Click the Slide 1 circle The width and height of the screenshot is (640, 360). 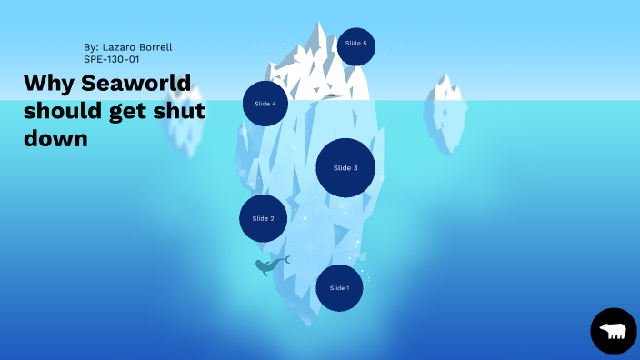pos(339,288)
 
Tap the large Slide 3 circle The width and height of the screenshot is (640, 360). pos(345,168)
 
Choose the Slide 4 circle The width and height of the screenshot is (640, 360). pos(265,104)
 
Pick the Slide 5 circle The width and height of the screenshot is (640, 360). pos(356,44)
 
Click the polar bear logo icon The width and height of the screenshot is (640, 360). pos(614,331)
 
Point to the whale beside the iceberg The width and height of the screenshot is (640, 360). pos(270,265)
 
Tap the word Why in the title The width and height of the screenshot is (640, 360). pos(46,84)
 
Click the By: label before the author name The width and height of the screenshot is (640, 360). pos(91,45)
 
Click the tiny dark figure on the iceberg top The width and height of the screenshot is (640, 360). pos(333,95)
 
